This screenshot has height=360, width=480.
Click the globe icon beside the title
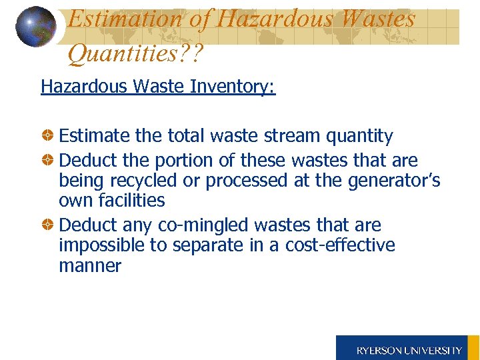(x=36, y=26)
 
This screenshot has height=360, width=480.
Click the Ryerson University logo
(x=408, y=349)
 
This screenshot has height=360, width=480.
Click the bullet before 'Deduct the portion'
(x=49, y=161)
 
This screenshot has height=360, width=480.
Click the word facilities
(x=131, y=200)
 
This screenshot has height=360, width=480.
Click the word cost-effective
(x=340, y=246)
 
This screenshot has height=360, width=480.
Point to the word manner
(x=90, y=266)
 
